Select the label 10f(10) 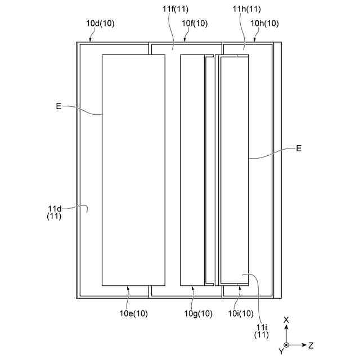coord(195,23)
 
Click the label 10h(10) coord(264,23)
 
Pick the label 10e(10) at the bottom coord(133,313)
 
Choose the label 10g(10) coord(198,313)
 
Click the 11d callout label coord(55,212)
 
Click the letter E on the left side coord(58,105)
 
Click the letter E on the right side coord(299,148)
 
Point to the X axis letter coord(286,320)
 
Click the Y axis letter coord(281,352)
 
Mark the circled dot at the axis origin coord(286,344)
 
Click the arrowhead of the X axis coord(286,327)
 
